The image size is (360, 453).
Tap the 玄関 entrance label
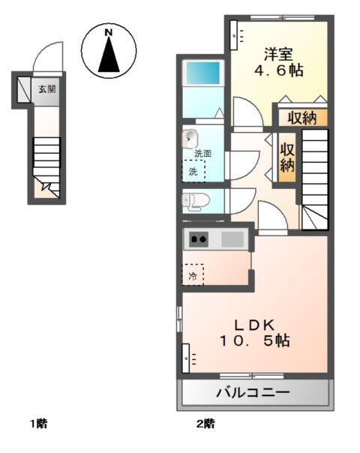coord(47,89)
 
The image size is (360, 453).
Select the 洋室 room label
coord(277,55)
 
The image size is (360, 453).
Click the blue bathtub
coord(202,75)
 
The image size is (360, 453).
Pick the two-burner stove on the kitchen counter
coord(199,240)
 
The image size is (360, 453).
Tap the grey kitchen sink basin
coord(231,240)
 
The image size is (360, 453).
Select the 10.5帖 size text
coord(254,341)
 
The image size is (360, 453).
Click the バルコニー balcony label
coord(253,391)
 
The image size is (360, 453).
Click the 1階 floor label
coord(39,424)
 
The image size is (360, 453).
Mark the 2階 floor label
coord(206,424)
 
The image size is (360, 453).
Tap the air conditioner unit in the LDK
coord(186,358)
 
